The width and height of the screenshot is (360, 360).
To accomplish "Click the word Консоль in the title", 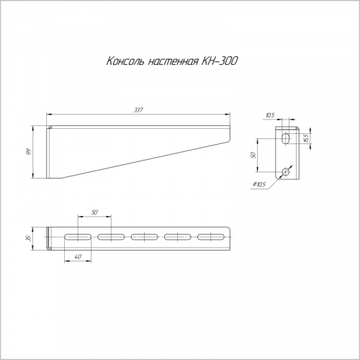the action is [x=125, y=61].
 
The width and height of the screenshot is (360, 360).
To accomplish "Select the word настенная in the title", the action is [x=174, y=62].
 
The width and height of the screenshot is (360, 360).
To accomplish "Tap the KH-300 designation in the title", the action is [x=220, y=61].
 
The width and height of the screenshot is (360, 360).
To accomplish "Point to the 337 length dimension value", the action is [x=138, y=110].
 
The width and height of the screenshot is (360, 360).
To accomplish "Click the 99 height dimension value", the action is [x=29, y=152].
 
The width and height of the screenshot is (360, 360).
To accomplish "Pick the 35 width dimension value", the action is [x=29, y=238].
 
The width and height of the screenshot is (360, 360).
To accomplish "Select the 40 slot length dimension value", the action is [x=78, y=257].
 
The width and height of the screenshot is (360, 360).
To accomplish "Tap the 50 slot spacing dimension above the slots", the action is [x=94, y=212].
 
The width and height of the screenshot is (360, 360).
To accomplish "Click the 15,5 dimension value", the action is [x=305, y=138].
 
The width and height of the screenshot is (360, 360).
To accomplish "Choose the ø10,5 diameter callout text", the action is [x=259, y=184].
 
